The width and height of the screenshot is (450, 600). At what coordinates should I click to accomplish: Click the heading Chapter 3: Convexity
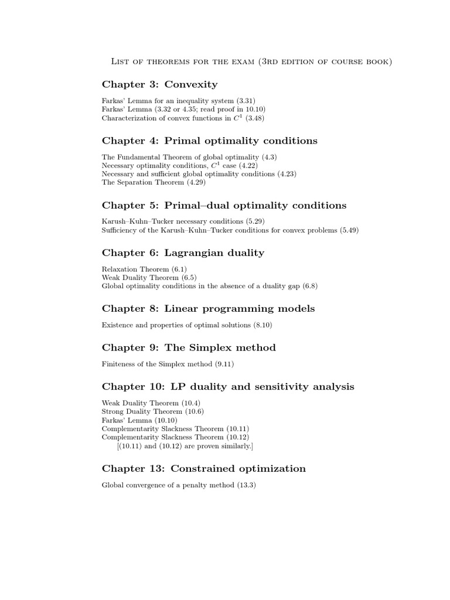159,85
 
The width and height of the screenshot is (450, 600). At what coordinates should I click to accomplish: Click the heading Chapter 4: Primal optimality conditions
210,141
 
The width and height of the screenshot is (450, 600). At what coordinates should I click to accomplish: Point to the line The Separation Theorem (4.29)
154,182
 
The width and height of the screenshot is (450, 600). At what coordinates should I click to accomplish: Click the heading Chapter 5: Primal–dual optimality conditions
224,205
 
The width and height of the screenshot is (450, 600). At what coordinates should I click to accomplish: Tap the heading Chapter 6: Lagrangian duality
183,253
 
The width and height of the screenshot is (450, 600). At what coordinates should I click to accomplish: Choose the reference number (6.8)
310,285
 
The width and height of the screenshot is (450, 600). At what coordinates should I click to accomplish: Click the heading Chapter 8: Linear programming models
208,308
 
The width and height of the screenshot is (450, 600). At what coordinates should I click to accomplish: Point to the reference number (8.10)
262,325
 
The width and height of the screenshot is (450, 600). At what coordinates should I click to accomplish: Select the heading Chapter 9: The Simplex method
189,347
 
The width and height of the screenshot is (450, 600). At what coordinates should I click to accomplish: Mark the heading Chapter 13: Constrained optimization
204,468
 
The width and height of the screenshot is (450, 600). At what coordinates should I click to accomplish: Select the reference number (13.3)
246,485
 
